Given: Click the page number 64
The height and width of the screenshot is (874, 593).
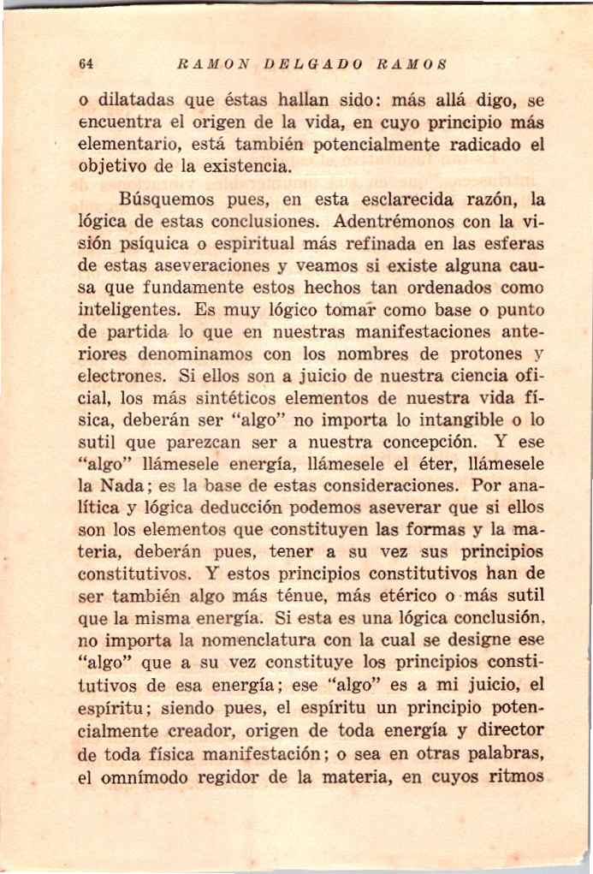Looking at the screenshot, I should (x=85, y=65).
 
